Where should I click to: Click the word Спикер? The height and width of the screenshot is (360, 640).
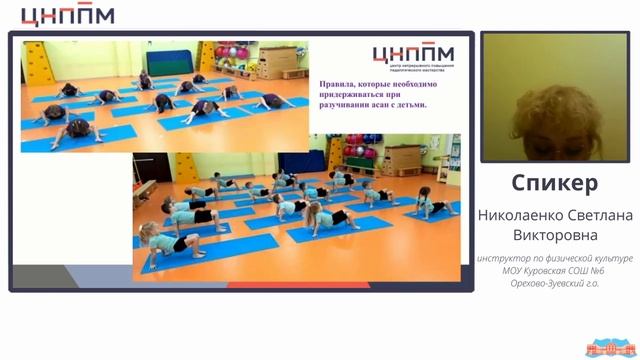click(555, 183)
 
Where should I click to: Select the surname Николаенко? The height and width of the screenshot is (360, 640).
click(517, 213)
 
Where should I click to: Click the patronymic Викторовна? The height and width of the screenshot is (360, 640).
click(555, 235)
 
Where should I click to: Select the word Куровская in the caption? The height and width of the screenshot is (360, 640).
click(550, 272)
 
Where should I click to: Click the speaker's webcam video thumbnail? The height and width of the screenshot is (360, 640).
click(555, 97)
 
